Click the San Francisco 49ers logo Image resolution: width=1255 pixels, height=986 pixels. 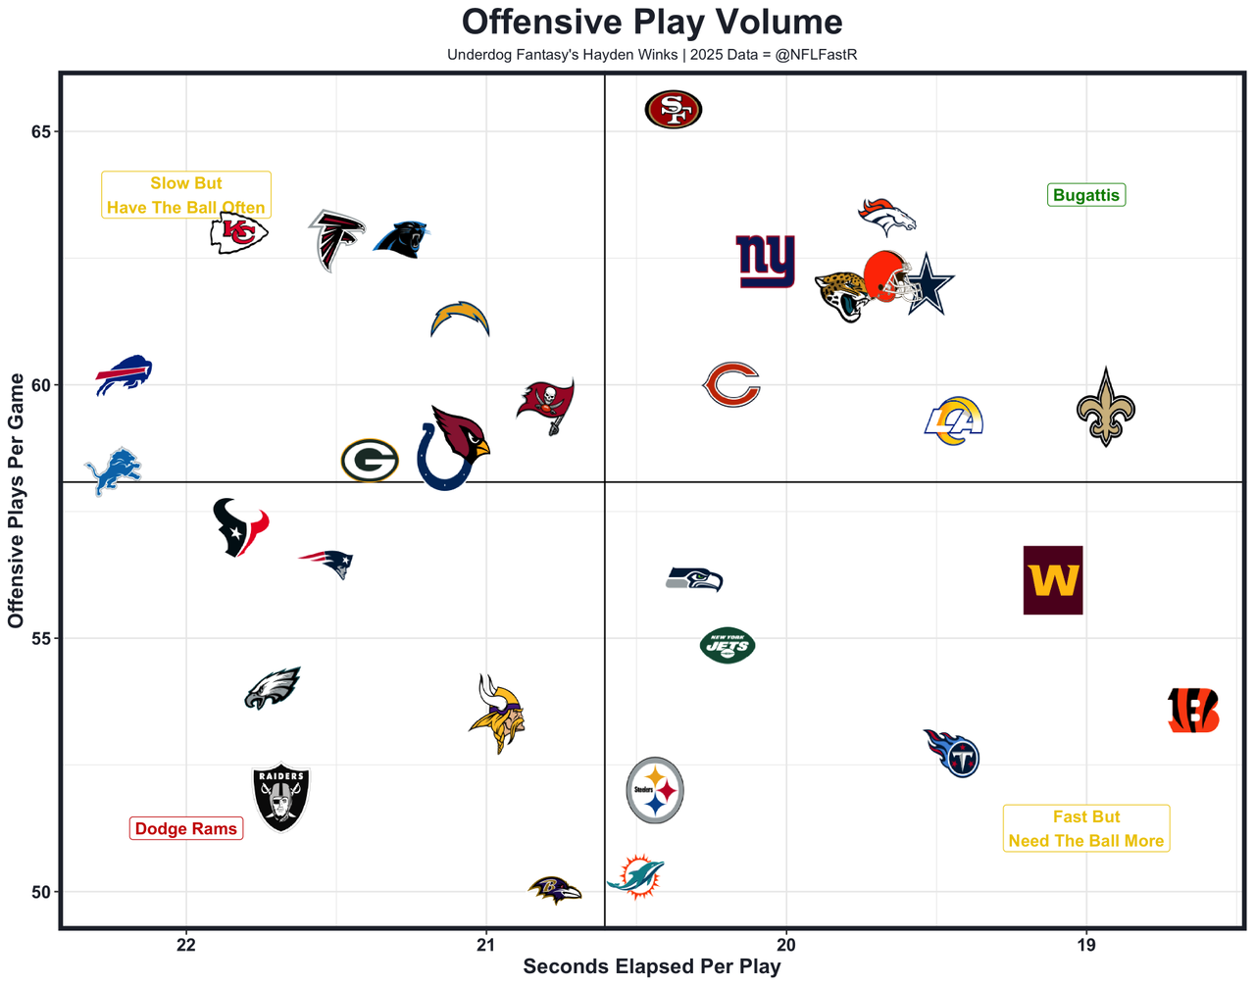674,109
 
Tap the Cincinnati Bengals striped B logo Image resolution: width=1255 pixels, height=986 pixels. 1193,711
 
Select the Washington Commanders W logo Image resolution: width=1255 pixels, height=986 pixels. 1053,580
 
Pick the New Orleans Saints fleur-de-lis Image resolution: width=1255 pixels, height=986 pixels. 1106,408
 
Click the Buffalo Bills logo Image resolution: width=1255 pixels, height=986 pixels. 124,374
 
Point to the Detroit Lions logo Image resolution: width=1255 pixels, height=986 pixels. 113,471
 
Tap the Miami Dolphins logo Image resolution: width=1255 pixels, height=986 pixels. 636,876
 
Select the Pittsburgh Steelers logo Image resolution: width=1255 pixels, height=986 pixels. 655,790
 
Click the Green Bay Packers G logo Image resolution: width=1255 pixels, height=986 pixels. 370,461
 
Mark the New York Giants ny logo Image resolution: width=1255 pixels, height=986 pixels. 766,261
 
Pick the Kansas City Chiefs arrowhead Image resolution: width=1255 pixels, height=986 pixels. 238,232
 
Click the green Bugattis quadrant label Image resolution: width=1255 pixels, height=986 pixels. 1086,195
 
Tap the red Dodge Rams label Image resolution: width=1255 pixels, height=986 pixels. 186,829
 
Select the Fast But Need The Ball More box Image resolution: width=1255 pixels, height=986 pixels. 1086,829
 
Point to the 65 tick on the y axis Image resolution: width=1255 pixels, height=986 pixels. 39,132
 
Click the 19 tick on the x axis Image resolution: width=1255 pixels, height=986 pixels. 1086,945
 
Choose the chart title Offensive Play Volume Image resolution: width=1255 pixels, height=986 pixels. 652,23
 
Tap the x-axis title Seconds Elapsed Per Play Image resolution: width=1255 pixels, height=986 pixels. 652,967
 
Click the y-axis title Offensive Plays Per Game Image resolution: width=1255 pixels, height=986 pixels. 16,501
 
